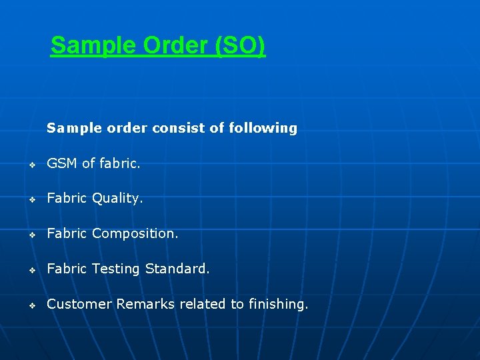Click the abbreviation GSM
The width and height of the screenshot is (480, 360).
click(62, 163)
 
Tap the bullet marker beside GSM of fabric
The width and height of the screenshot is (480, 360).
click(31, 165)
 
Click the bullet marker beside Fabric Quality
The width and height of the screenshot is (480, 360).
click(31, 200)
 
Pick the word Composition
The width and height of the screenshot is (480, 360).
click(135, 234)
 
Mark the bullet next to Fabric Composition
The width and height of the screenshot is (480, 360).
click(31, 235)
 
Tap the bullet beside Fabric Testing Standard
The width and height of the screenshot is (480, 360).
click(31, 271)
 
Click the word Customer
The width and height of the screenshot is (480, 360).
click(79, 305)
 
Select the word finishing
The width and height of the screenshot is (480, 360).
click(278, 305)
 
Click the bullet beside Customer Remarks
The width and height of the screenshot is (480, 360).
click(31, 306)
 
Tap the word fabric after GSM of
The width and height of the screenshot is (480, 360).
click(120, 163)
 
